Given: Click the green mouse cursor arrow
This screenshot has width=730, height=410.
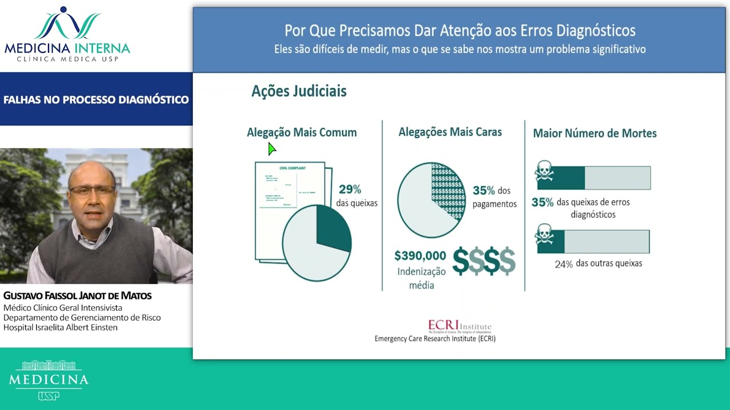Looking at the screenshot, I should [271, 149].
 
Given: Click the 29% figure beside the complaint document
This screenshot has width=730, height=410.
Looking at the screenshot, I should [350, 190].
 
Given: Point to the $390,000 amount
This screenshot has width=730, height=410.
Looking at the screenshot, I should [420, 256].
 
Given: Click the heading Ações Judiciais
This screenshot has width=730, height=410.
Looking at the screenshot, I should [299, 91].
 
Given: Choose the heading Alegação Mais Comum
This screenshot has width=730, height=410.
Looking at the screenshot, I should [302, 133].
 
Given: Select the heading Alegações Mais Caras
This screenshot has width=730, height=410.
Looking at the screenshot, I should [450, 132].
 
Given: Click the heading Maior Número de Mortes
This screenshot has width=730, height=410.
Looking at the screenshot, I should [595, 133].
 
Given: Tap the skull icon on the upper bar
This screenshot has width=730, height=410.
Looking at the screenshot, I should [545, 171].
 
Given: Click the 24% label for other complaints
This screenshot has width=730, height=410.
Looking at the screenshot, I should [563, 264].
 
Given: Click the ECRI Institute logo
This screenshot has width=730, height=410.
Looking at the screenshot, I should [459, 327].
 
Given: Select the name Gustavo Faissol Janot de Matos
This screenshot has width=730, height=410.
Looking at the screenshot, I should [78, 296].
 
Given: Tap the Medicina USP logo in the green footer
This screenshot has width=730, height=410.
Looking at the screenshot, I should [48, 379].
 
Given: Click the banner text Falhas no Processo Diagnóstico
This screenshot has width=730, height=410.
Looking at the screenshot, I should [96, 100].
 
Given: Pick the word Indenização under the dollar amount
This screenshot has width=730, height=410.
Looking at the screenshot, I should [421, 272].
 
